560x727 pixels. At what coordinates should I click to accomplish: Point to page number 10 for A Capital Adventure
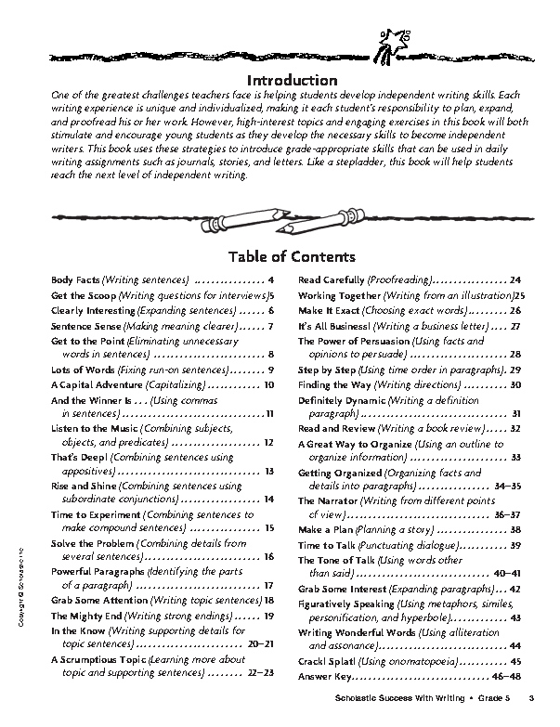click(268, 383)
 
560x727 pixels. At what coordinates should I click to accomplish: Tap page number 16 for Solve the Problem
click(268, 556)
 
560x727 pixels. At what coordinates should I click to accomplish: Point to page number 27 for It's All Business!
click(514, 326)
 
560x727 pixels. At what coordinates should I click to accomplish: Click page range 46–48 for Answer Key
click(506, 675)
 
